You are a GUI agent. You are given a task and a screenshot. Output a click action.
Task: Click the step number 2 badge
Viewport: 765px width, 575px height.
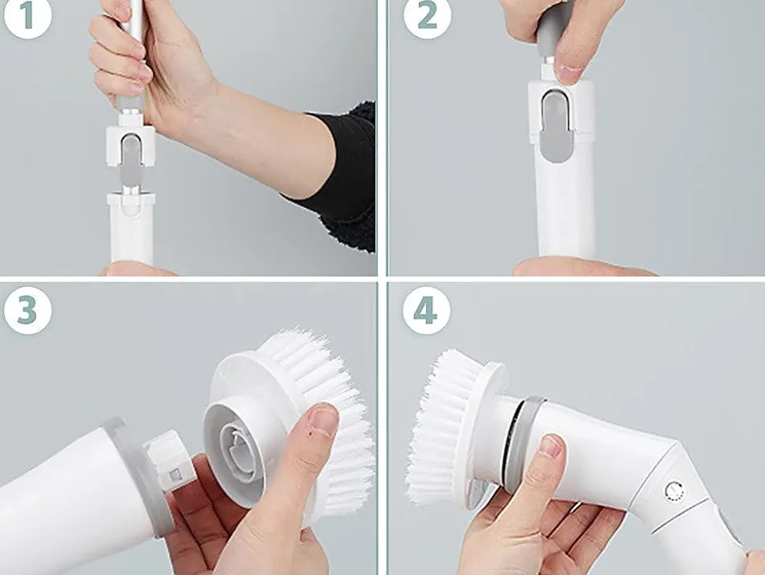point(427,15)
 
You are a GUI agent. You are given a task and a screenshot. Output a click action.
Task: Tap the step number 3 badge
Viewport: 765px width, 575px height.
point(28,311)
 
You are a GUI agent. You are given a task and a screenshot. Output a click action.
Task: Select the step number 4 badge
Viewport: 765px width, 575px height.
point(427,311)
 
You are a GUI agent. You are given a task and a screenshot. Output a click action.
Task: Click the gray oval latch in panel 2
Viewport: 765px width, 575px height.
point(557,126)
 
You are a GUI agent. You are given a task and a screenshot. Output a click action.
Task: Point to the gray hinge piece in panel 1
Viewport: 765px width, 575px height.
point(130,161)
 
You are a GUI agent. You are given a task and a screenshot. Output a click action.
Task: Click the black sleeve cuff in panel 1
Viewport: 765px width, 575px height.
point(341,176)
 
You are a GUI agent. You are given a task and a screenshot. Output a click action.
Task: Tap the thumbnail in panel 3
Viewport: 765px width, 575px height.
point(323,421)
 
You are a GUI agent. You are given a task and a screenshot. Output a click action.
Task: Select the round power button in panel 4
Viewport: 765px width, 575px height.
point(674,491)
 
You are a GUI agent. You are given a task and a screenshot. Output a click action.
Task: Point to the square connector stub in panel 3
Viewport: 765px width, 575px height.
point(169,461)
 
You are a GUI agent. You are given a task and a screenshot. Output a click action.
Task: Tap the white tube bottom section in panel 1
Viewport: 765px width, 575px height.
point(131,229)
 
